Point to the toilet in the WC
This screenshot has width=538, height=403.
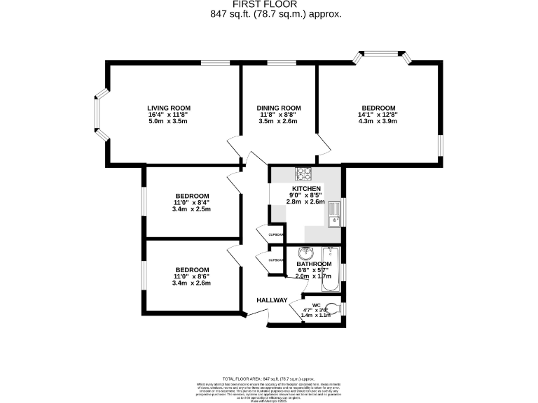click(335, 308)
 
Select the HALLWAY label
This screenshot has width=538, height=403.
click(272, 300)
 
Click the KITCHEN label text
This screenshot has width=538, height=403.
click(306, 189)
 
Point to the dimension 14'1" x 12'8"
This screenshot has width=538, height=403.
click(378, 114)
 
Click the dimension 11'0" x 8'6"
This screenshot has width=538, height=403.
click(192, 277)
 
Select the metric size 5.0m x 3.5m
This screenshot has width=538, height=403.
click(167, 121)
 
